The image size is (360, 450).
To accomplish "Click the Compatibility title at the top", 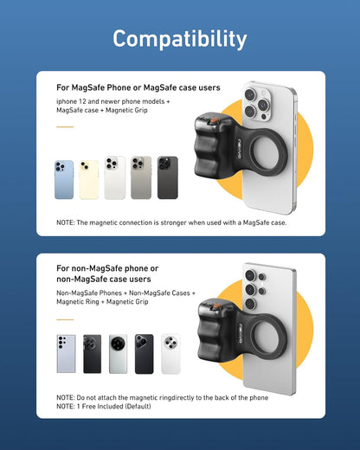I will coord(179,39).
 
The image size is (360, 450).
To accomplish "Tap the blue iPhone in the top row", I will coord(64,179).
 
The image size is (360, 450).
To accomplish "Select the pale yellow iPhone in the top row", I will coord(89,179).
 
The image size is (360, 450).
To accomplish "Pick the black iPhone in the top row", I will coord(167,178).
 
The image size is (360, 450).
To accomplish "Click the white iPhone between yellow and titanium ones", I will coord(114,178).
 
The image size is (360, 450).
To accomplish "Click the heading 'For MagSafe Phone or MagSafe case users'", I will coord(138,87).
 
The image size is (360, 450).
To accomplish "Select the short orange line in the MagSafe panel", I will coord(65,127).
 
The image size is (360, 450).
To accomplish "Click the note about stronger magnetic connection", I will coord(171,222).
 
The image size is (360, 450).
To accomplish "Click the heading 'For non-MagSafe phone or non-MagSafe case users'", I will coord(107,274).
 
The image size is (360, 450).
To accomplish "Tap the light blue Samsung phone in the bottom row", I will coord(66,354).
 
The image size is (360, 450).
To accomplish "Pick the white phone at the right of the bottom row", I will coord(170,354).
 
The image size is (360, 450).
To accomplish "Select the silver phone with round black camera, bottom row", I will coord(118,354).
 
